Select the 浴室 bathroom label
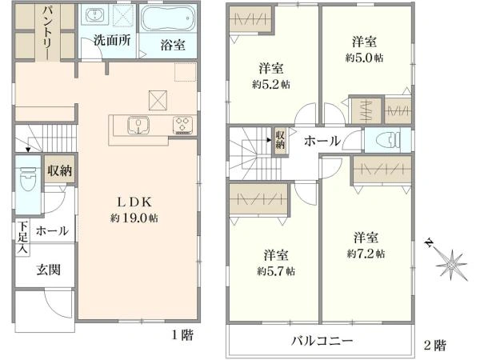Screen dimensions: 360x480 [173, 45]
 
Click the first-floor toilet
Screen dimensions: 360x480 [26, 177]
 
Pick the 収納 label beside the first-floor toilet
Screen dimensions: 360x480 [59, 170]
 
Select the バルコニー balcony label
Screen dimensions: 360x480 [321, 342]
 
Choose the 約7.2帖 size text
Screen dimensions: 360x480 [366, 253]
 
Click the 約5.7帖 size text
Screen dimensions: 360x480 [276, 270]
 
